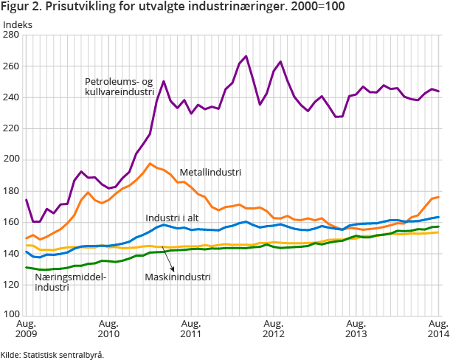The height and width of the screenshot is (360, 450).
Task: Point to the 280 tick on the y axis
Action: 13,35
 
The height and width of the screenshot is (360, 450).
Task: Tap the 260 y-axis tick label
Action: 13,66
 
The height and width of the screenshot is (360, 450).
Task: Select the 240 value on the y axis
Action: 13,97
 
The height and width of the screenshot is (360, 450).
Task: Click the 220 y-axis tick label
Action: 13,128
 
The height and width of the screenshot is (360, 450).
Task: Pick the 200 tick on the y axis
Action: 13,159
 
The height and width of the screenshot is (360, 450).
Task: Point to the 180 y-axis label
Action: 13,190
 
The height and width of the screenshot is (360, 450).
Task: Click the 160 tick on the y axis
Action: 13,221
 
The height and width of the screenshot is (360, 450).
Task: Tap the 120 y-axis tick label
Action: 13,283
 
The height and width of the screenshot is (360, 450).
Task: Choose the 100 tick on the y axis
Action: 13,314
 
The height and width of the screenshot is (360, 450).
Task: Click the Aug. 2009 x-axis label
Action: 26,329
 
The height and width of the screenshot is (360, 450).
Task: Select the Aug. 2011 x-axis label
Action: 191,329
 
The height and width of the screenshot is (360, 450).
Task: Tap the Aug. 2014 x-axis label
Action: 439,329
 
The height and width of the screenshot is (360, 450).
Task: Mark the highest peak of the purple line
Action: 246,56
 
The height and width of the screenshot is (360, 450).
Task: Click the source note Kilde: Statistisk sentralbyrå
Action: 52,354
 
